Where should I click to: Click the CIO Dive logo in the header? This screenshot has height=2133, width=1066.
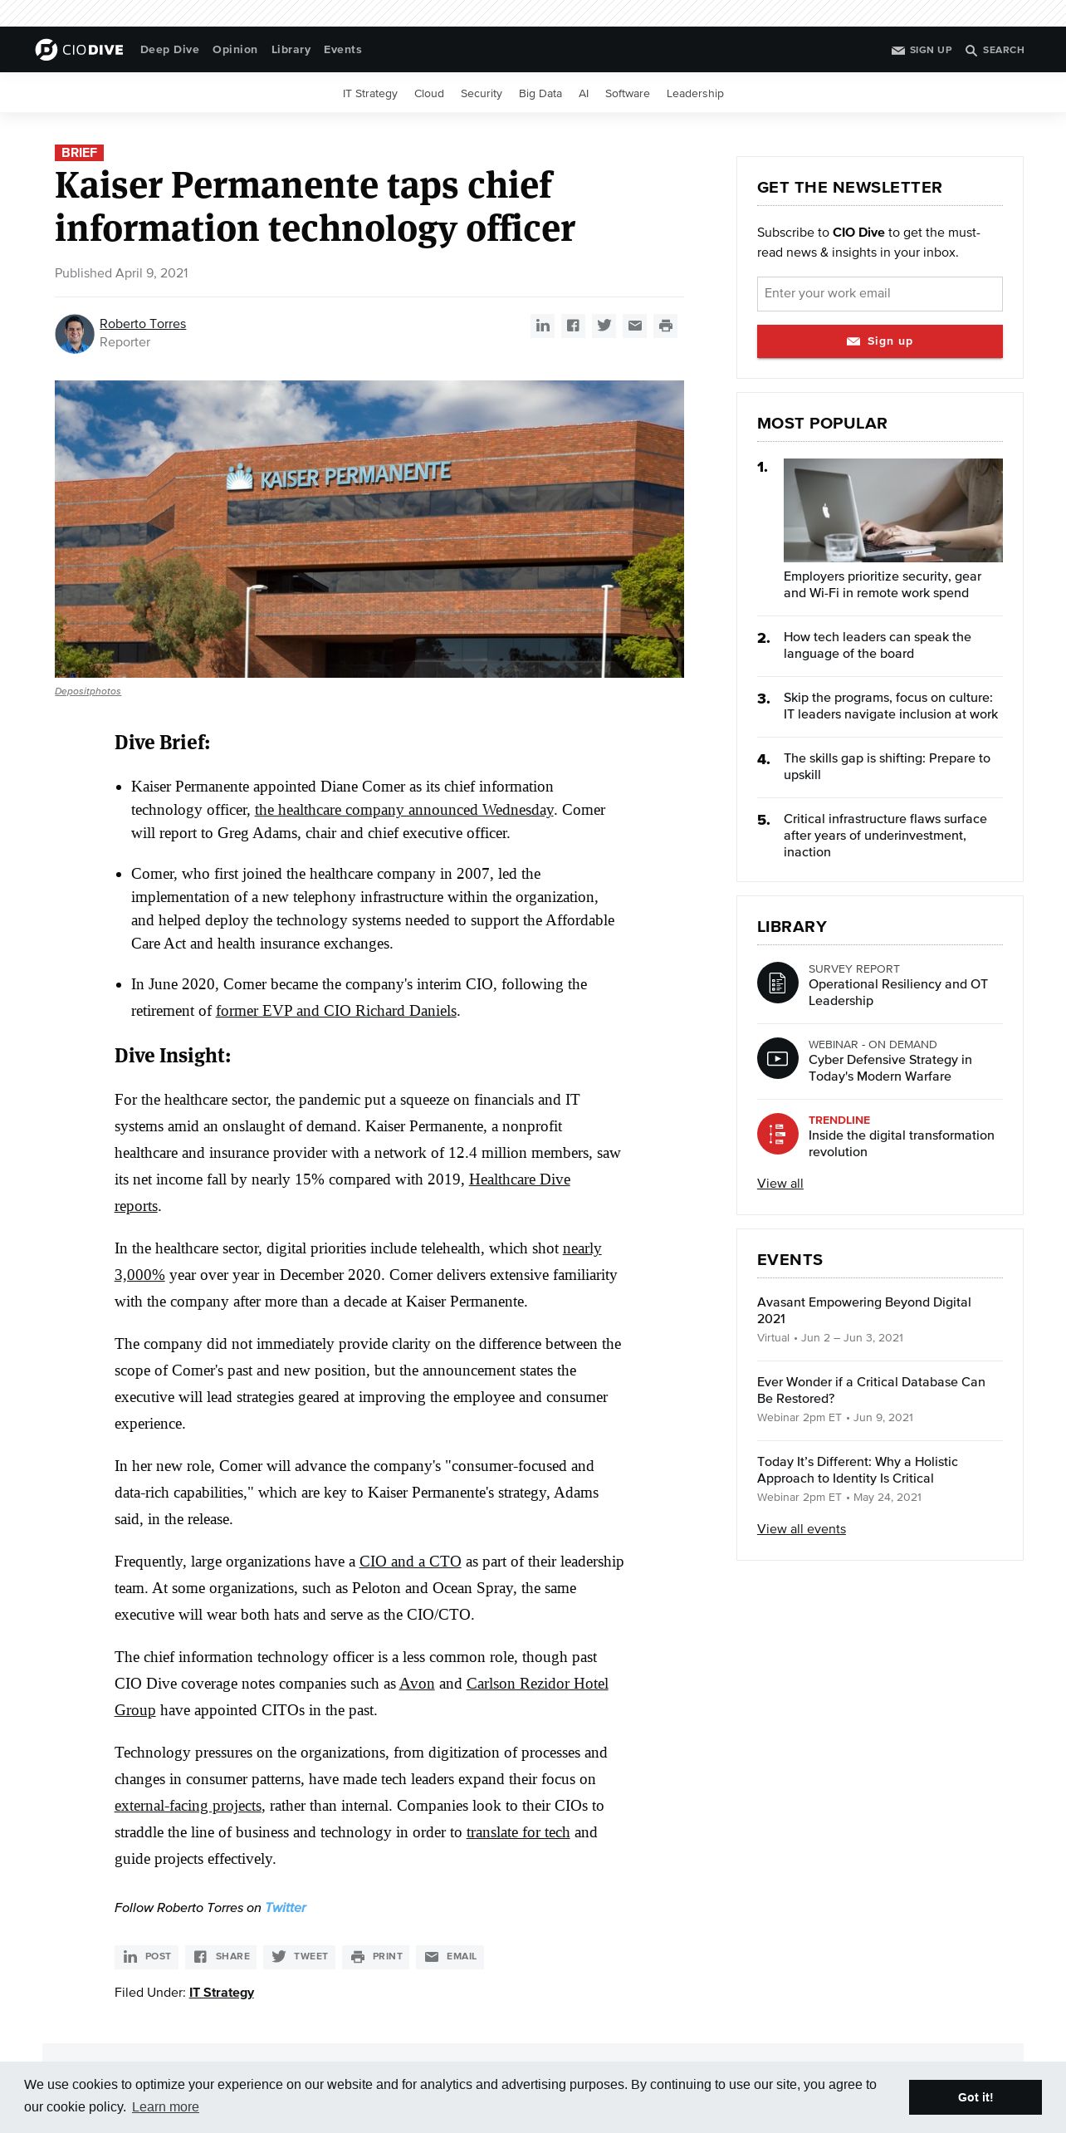[x=80, y=50]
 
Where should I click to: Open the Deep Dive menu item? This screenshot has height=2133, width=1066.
[x=169, y=50]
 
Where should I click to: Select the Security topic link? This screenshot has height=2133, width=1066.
[x=481, y=94]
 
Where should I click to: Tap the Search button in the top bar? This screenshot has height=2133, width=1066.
[x=995, y=50]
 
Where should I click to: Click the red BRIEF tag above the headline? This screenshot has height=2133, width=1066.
[x=79, y=153]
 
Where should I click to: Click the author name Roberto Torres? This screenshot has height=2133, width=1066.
[x=143, y=324]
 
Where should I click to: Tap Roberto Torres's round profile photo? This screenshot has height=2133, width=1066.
[x=75, y=334]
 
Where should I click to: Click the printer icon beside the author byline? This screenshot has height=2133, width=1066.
[x=665, y=326]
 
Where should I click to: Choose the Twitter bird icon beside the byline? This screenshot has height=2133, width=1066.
[x=604, y=326]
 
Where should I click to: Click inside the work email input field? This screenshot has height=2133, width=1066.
[x=879, y=294]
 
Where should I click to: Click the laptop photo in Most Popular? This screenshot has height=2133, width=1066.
[x=892, y=510]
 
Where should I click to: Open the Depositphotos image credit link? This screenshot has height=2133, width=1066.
[x=88, y=691]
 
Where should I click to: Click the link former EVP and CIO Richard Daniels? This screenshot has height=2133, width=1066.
[x=336, y=1011]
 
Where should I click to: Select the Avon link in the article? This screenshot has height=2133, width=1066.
[x=417, y=1684]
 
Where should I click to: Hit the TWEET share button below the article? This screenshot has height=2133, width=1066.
[x=300, y=1956]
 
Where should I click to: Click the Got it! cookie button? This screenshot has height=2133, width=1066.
[x=975, y=2097]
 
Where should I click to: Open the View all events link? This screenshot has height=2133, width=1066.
[x=801, y=1529]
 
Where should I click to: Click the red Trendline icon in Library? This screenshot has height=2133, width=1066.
[x=778, y=1134]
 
